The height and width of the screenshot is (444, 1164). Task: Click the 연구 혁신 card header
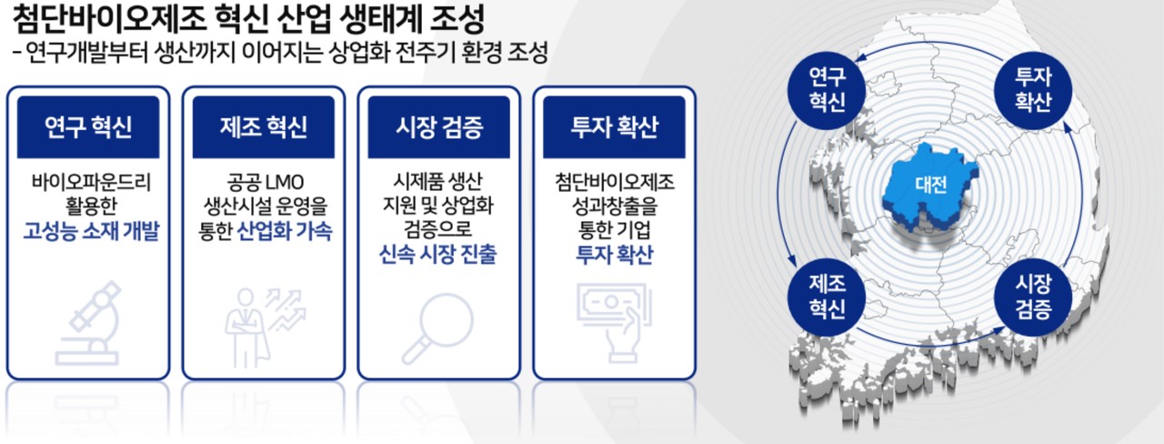(x=87, y=126)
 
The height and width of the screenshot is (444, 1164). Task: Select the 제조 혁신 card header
(x=263, y=126)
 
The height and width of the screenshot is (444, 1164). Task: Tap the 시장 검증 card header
(x=438, y=126)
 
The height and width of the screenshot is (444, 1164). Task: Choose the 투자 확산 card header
(x=614, y=126)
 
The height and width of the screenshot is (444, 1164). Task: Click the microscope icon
(x=88, y=322)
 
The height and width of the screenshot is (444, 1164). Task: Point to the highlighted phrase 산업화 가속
(x=284, y=232)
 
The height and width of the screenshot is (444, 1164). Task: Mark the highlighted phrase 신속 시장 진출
(x=438, y=256)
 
